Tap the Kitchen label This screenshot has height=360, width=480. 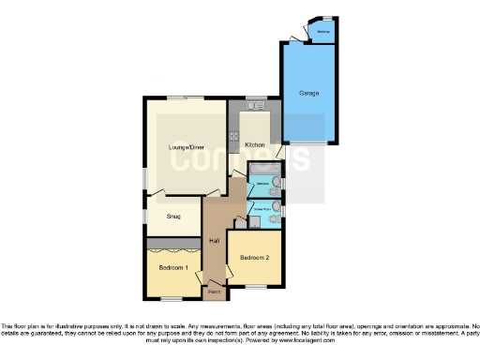[x=254, y=145]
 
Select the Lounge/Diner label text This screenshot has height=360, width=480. [x=187, y=147]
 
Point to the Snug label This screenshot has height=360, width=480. [x=173, y=217]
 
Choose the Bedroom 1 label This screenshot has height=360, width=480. [x=173, y=268]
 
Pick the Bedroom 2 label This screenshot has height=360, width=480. [x=254, y=258]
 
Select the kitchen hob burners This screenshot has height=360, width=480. [x=233, y=137]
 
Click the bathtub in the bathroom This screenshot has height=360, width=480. [x=261, y=166]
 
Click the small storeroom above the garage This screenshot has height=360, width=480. [x=322, y=31]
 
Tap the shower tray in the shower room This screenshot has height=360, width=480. [x=253, y=221]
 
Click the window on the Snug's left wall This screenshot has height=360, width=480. [x=144, y=216]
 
